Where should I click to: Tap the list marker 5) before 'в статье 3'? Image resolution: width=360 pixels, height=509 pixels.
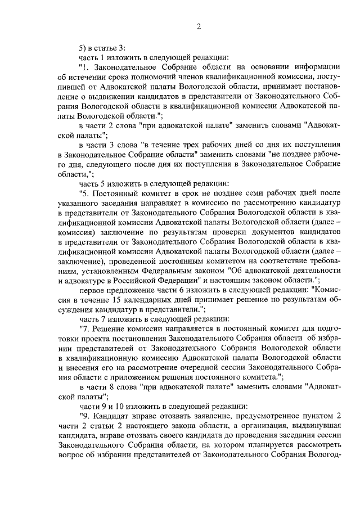click(x=83, y=47)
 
